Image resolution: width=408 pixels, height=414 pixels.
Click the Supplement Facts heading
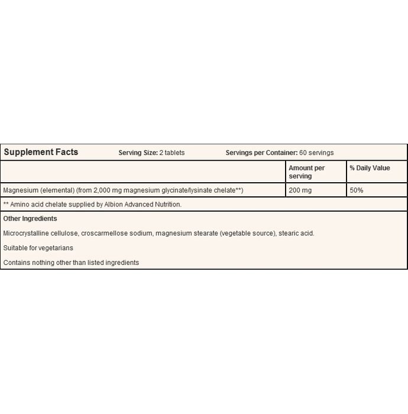41,152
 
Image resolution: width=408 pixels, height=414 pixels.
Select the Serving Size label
138,153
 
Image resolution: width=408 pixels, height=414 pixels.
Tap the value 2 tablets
172,153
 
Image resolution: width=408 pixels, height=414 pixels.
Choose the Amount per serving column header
307,172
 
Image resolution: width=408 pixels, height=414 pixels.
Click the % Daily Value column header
370,168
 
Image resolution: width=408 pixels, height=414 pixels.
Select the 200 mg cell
299,190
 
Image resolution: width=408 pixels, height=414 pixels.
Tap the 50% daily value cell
356,190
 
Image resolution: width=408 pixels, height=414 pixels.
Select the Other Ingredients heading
30,219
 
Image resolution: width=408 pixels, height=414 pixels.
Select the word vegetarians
56,248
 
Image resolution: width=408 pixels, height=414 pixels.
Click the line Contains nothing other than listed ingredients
71,262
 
